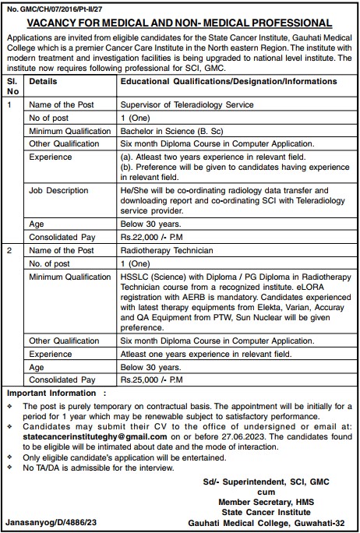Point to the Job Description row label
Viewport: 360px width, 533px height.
click(x=58, y=190)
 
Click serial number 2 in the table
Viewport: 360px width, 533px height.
click(x=9, y=251)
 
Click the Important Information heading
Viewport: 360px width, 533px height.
click(x=54, y=394)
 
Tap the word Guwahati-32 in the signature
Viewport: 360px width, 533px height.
click(x=327, y=524)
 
